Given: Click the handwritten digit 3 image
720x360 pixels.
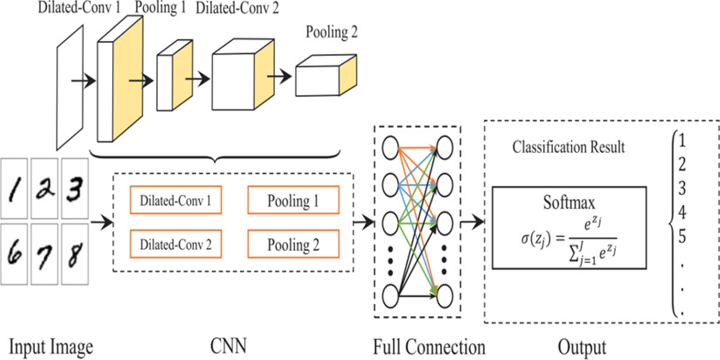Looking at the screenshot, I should tap(75, 188).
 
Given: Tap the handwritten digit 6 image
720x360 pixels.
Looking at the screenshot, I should tap(14, 254).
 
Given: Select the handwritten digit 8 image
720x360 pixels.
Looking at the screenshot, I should tap(75, 254).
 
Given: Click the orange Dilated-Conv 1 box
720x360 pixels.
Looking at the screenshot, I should tap(176, 200).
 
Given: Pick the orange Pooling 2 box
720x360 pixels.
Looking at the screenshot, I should tap(294, 244).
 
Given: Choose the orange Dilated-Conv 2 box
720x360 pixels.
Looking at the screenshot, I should tap(176, 244).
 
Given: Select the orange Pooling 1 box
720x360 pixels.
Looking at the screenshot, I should tap(294, 200).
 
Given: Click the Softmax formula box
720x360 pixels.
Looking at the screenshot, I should tap(569, 228).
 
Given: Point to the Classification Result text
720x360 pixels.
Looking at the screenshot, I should tap(568, 147).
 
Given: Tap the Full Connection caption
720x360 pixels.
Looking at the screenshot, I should tap(429, 347).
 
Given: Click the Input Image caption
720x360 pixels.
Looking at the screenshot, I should tap(51, 347).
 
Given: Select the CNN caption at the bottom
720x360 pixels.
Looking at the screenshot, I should tap(228, 346).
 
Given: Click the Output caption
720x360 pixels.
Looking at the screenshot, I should tap(582, 347).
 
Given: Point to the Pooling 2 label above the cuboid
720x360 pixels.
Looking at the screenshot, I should tap(331, 32).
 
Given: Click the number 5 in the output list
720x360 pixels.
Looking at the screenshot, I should tap(682, 237).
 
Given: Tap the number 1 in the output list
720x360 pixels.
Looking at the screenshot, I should tap(682, 140).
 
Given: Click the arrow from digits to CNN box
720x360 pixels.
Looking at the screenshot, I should tap(101, 223).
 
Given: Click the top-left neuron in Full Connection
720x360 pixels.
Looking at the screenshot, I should tap(390, 148).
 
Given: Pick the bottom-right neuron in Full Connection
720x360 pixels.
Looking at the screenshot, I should tap(445, 296).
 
